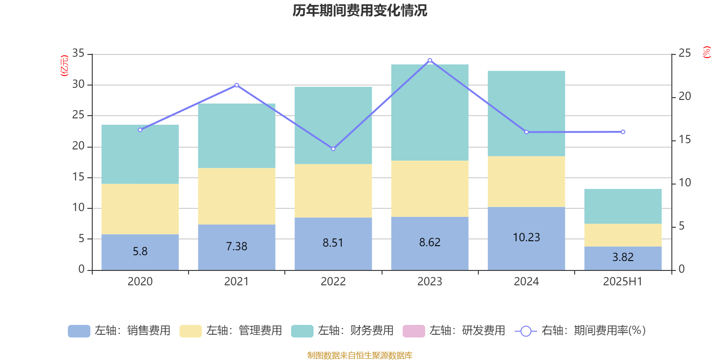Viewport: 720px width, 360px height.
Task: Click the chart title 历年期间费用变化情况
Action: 360,10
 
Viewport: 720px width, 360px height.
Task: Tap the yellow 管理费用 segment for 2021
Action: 237,196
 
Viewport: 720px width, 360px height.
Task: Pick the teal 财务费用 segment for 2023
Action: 430,112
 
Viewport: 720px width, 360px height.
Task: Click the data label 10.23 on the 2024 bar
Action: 526,237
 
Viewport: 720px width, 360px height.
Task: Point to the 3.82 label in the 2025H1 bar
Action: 623,257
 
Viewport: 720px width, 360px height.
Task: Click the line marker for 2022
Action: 333,149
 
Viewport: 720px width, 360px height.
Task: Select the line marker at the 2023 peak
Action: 430,60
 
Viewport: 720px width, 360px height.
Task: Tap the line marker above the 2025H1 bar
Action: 623,132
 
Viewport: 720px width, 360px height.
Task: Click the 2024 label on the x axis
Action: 526,282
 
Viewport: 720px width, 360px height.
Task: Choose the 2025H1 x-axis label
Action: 623,282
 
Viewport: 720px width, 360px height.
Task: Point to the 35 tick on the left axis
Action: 78,54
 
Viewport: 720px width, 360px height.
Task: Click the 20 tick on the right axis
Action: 684,96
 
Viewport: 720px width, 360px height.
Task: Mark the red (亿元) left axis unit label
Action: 64,66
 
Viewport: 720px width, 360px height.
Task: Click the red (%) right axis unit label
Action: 707,52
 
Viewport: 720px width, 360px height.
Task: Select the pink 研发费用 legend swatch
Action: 414,331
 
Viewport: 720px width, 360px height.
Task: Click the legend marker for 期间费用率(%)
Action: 526,331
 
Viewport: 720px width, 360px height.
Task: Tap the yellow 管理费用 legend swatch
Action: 190,331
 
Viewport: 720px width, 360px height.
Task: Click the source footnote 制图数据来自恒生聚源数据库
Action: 360,355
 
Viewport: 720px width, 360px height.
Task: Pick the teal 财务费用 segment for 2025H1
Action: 623,206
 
